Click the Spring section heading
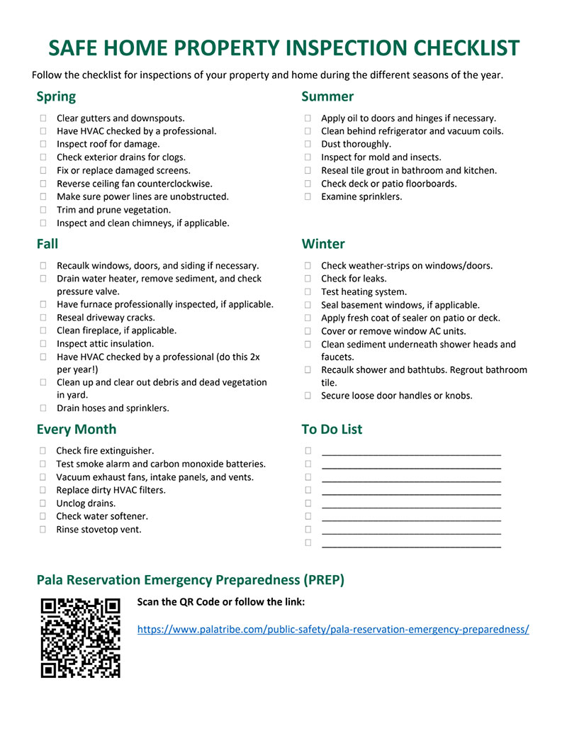click(x=56, y=96)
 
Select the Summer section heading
click(x=327, y=96)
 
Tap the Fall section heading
click(x=47, y=244)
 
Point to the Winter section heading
click(x=323, y=244)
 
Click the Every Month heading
click(x=77, y=429)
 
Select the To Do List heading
click(x=332, y=429)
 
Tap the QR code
click(x=80, y=637)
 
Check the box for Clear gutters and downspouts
click(x=44, y=118)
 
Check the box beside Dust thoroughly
click(x=308, y=145)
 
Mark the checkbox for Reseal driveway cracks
click(x=44, y=318)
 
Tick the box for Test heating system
click(x=308, y=292)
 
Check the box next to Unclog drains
click(x=43, y=503)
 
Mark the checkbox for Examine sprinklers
click(x=308, y=196)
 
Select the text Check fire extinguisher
click(x=105, y=451)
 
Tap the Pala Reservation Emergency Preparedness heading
click(x=191, y=580)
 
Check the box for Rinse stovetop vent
click(x=43, y=530)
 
